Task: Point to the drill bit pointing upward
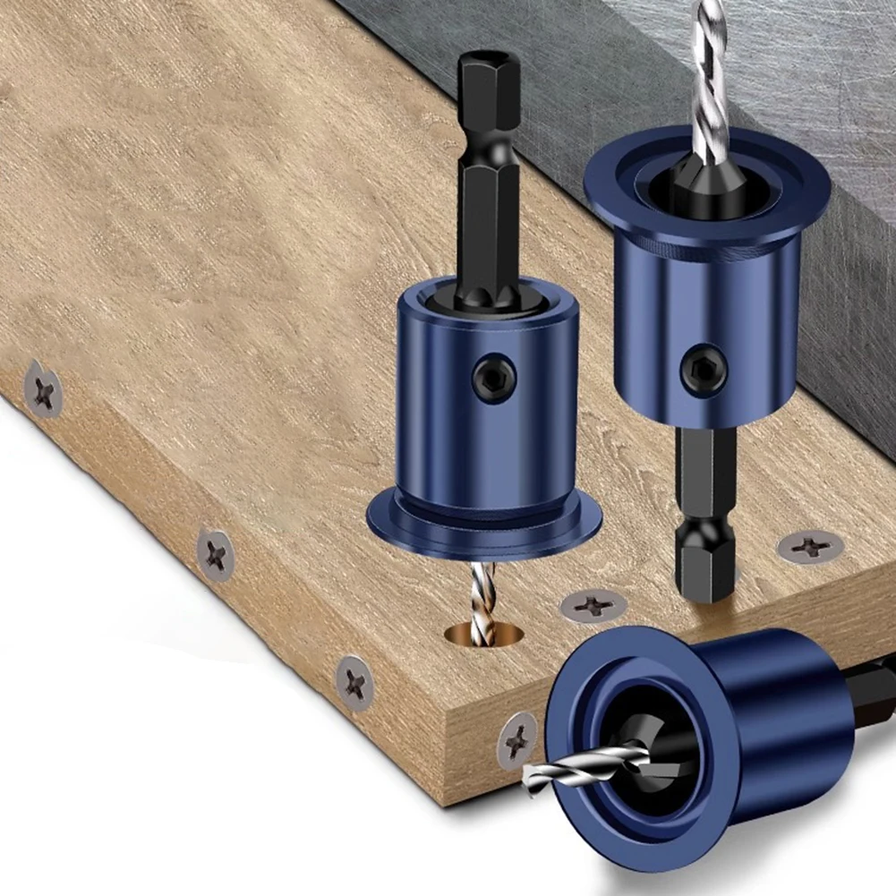pyautogui.click(x=710, y=72)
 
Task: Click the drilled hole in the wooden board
pyautogui.click(x=483, y=633)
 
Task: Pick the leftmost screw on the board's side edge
pyautogui.click(x=44, y=390)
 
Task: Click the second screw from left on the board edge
pyautogui.click(x=215, y=555)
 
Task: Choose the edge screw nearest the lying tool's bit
pyautogui.click(x=517, y=740)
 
